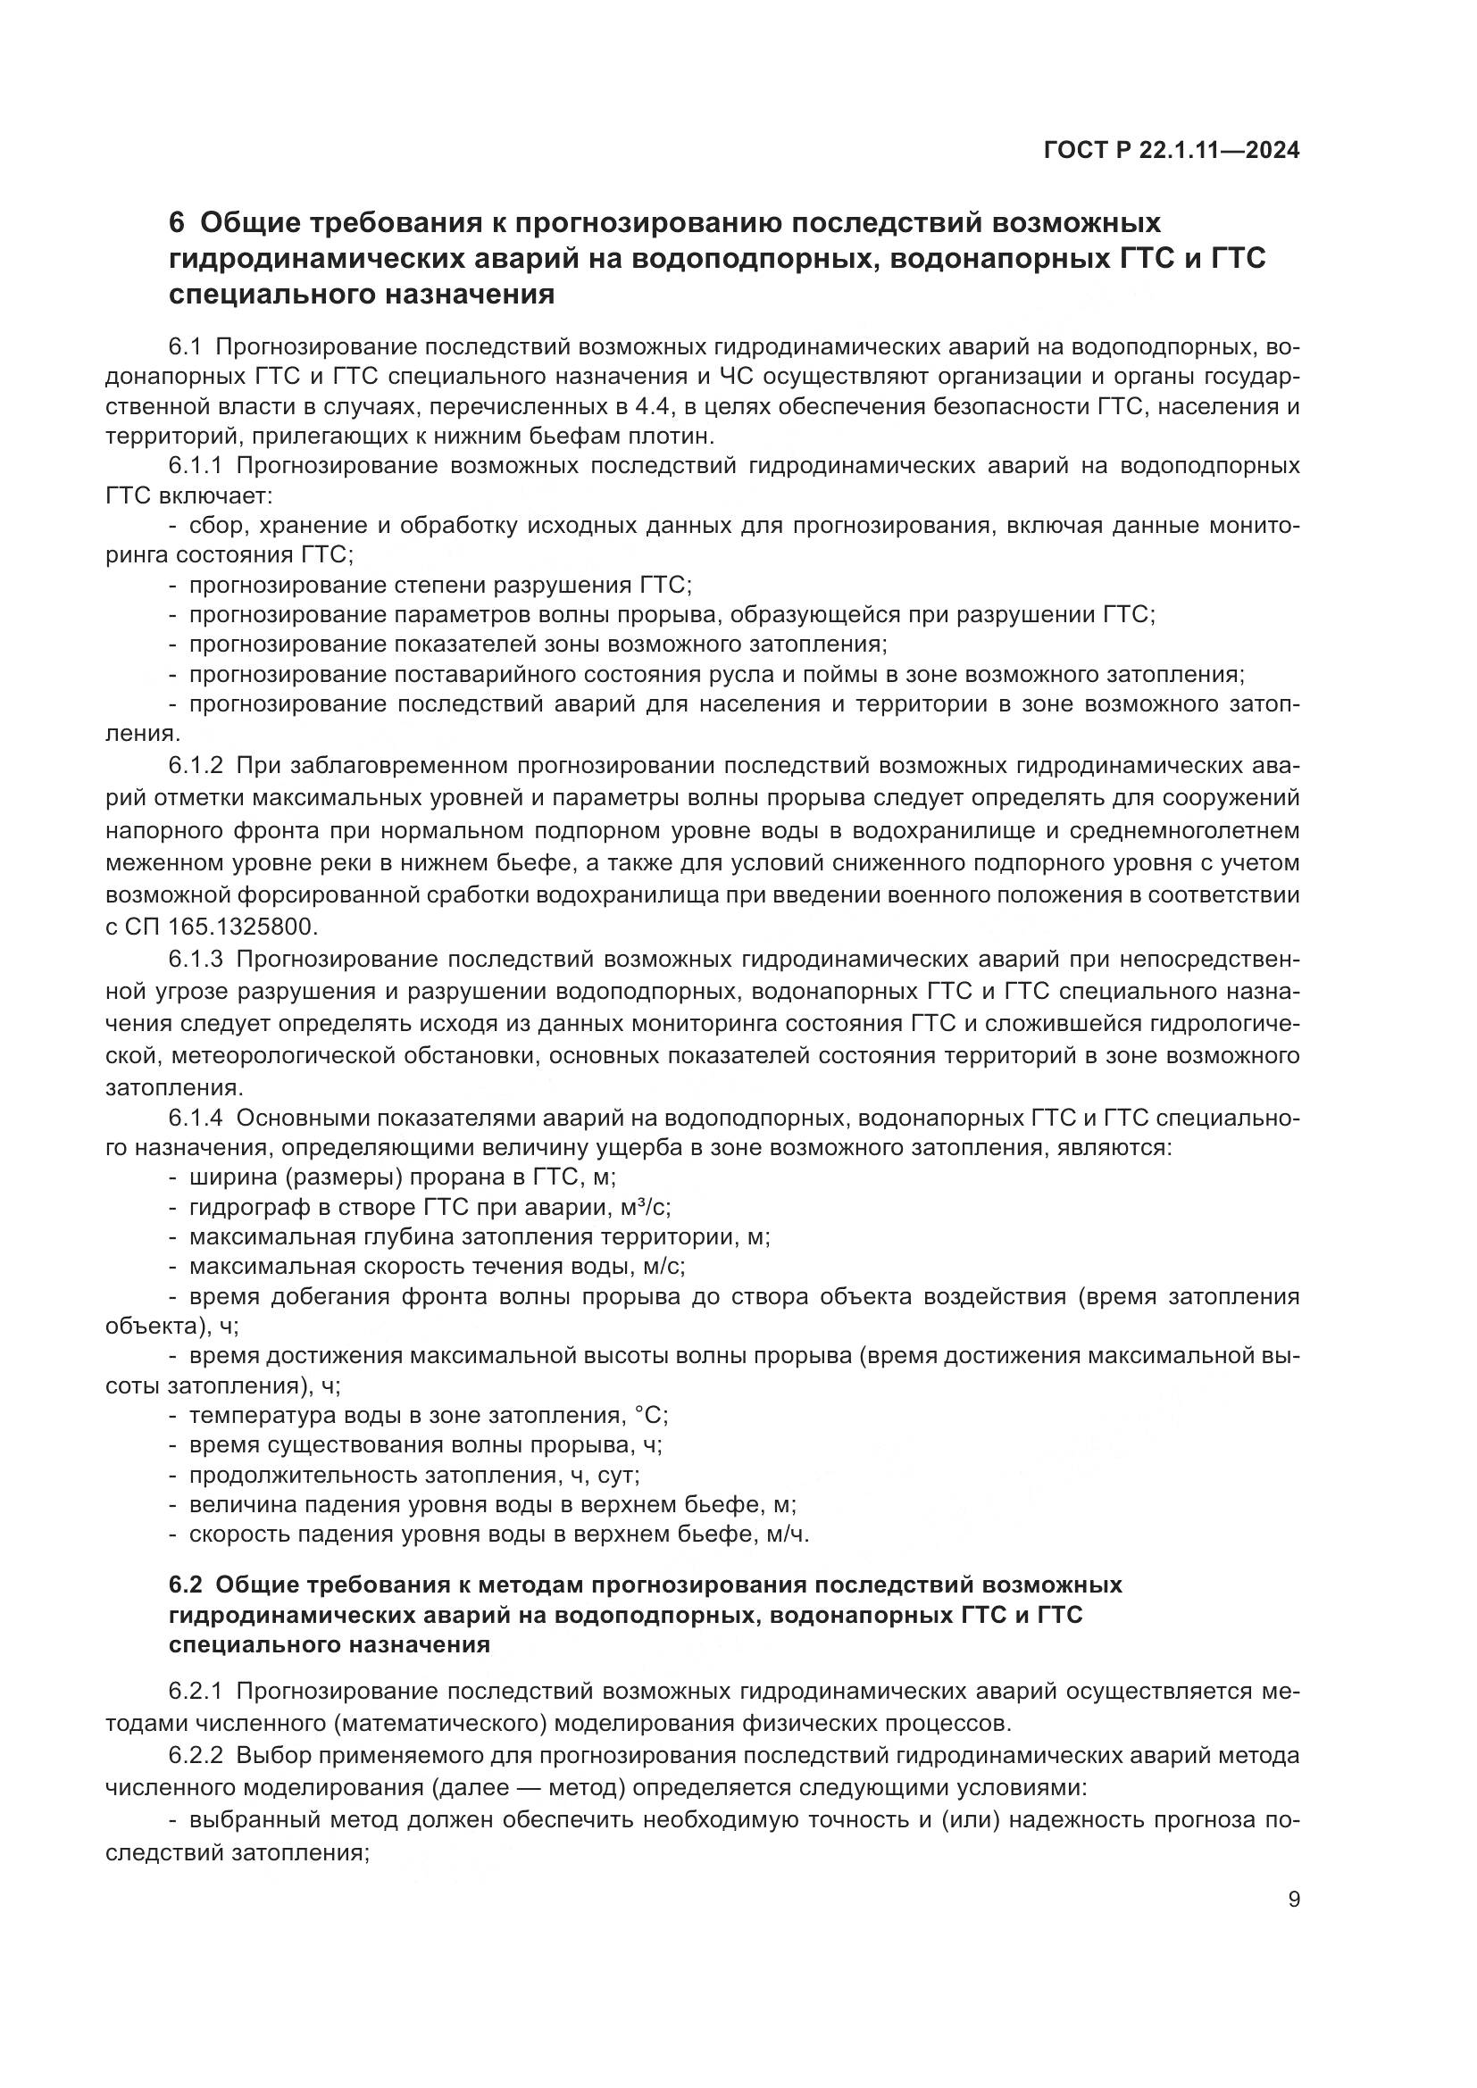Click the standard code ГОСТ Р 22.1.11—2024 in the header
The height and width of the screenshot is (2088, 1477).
click(x=1171, y=151)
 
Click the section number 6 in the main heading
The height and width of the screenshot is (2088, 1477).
click(x=178, y=223)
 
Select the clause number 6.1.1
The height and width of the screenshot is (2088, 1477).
click(x=196, y=467)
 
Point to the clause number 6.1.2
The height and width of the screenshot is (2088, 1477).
click(x=196, y=766)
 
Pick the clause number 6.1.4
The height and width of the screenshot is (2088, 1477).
click(x=196, y=1118)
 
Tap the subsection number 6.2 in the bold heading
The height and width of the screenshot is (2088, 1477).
click(x=187, y=1585)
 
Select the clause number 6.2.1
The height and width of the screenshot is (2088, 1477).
click(x=196, y=1692)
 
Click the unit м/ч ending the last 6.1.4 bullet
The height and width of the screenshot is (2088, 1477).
click(x=787, y=1535)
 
